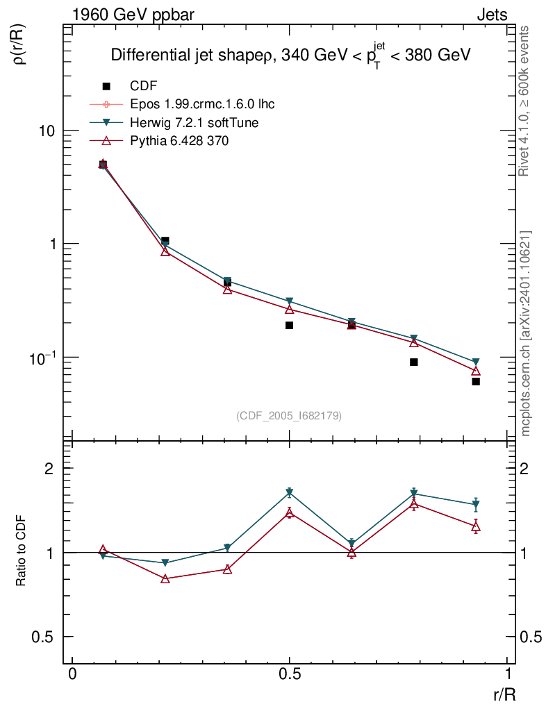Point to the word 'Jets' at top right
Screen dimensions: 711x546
coord(492,15)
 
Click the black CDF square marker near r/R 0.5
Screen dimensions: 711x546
coord(289,325)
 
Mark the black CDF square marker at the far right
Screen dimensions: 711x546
coord(476,381)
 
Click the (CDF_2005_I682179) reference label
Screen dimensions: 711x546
coord(289,415)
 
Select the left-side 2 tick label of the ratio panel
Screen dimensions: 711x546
coord(49,469)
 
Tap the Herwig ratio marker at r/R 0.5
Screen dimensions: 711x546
coord(289,493)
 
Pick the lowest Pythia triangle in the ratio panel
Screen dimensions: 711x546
coord(165,578)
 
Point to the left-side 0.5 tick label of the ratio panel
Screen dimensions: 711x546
coord(43,637)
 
